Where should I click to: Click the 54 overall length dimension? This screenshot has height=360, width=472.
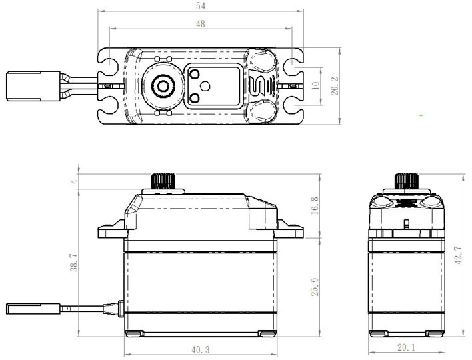pyautogui.click(x=200, y=5)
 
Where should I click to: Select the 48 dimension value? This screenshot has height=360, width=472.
pyautogui.click(x=200, y=23)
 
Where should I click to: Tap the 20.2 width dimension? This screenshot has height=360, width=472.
pyautogui.click(x=337, y=86)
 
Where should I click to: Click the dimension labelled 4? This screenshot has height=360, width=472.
pyautogui.click(x=75, y=181)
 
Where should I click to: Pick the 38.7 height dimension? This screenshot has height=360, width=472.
pyautogui.click(x=75, y=262)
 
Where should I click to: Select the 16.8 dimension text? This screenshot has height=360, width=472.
pyautogui.click(x=315, y=205)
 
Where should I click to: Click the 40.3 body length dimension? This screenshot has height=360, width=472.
pyautogui.click(x=199, y=348)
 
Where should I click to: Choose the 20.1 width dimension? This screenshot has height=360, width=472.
pyautogui.click(x=407, y=348)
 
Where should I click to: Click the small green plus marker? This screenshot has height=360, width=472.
pyautogui.click(x=421, y=115)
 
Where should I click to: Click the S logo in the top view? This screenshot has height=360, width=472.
pyautogui.click(x=258, y=85)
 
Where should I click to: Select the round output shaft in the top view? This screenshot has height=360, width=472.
pyautogui.click(x=162, y=85)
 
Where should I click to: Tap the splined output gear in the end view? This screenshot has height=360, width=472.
pyautogui.click(x=406, y=181)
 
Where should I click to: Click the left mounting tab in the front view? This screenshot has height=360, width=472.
pyautogui.click(x=111, y=231)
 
